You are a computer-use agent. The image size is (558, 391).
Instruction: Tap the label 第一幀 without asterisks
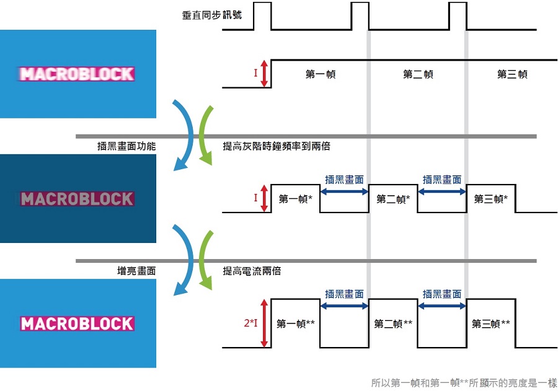(x=321, y=74)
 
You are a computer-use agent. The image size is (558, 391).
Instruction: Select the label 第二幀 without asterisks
(x=418, y=74)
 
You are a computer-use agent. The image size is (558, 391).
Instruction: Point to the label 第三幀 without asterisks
(x=512, y=74)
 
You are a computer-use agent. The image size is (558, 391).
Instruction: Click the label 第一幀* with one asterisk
(x=295, y=199)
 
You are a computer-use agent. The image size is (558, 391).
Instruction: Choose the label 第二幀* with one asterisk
(x=393, y=199)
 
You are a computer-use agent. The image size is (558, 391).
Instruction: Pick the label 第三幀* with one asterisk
(x=491, y=199)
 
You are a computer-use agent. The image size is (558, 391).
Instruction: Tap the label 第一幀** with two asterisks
(x=296, y=323)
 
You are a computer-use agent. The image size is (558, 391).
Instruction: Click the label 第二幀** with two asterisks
(x=394, y=323)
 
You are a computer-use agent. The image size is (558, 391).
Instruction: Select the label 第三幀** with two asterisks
(x=491, y=323)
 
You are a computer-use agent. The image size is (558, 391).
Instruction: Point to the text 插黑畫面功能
(x=126, y=147)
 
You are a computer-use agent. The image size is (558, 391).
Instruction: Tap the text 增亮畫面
(x=136, y=271)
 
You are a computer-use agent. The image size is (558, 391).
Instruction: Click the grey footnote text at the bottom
(x=464, y=383)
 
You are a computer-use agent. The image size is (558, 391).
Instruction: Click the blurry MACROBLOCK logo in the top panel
(x=77, y=74)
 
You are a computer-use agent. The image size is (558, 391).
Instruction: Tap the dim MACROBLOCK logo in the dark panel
(x=77, y=199)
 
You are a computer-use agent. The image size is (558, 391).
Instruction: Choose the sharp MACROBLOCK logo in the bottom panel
(x=77, y=323)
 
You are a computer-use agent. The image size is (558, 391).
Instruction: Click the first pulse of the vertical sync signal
(x=263, y=15)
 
